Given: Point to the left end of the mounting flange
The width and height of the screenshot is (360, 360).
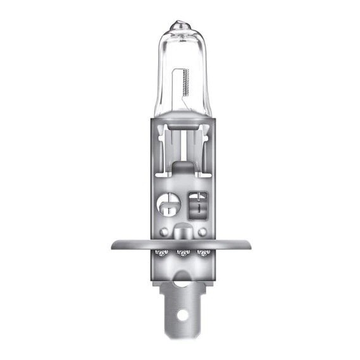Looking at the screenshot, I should tap(113, 244).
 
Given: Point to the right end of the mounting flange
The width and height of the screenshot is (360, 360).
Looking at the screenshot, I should tap(248, 244).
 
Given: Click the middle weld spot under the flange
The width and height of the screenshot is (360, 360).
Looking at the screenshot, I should tap(182, 254).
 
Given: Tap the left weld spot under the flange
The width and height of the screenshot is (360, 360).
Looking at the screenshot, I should tap(162, 254).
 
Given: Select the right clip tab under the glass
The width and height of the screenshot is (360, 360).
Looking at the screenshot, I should tap(201, 136).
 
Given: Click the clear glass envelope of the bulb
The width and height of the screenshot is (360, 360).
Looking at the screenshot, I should tap(180, 57).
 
